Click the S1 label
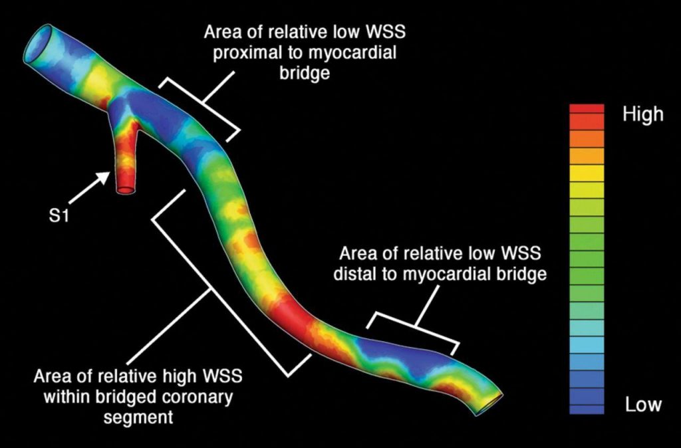59,216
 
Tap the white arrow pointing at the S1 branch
89,187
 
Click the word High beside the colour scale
643,114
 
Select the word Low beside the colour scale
643,405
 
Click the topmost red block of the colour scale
587,108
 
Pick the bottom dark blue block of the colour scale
587,409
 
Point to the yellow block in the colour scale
587,173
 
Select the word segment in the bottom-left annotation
138,417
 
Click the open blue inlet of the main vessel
37,43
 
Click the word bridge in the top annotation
305,72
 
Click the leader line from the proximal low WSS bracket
219,87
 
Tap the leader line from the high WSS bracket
170,327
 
